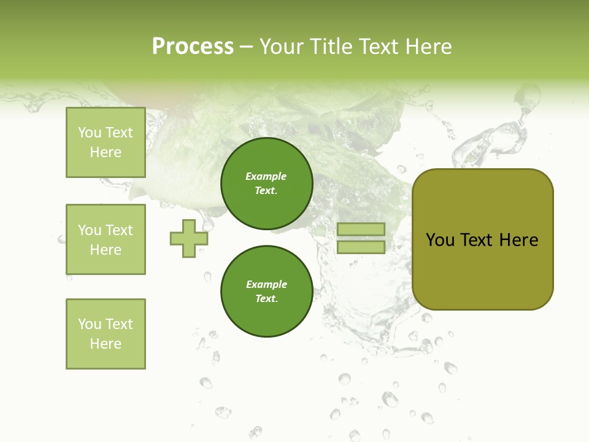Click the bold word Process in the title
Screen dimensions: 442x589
click(193, 47)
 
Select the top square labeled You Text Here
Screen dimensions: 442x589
click(106, 142)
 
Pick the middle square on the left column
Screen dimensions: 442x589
click(106, 239)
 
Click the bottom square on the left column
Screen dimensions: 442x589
click(106, 334)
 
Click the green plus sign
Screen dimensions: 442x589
click(189, 239)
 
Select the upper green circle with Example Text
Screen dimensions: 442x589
click(266, 184)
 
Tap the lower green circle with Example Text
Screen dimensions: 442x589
click(266, 292)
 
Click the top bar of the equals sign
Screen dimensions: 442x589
click(361, 230)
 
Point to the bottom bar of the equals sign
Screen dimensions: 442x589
click(361, 247)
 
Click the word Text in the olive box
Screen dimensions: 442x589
click(477, 240)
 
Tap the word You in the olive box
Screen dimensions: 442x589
click(441, 240)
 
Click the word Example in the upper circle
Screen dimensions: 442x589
click(266, 176)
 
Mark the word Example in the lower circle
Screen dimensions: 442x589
click(266, 284)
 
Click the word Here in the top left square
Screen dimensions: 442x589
click(106, 152)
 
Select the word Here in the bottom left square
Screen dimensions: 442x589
click(106, 344)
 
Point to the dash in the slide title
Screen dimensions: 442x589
click(246, 47)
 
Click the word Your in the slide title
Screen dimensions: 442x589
click(282, 47)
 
